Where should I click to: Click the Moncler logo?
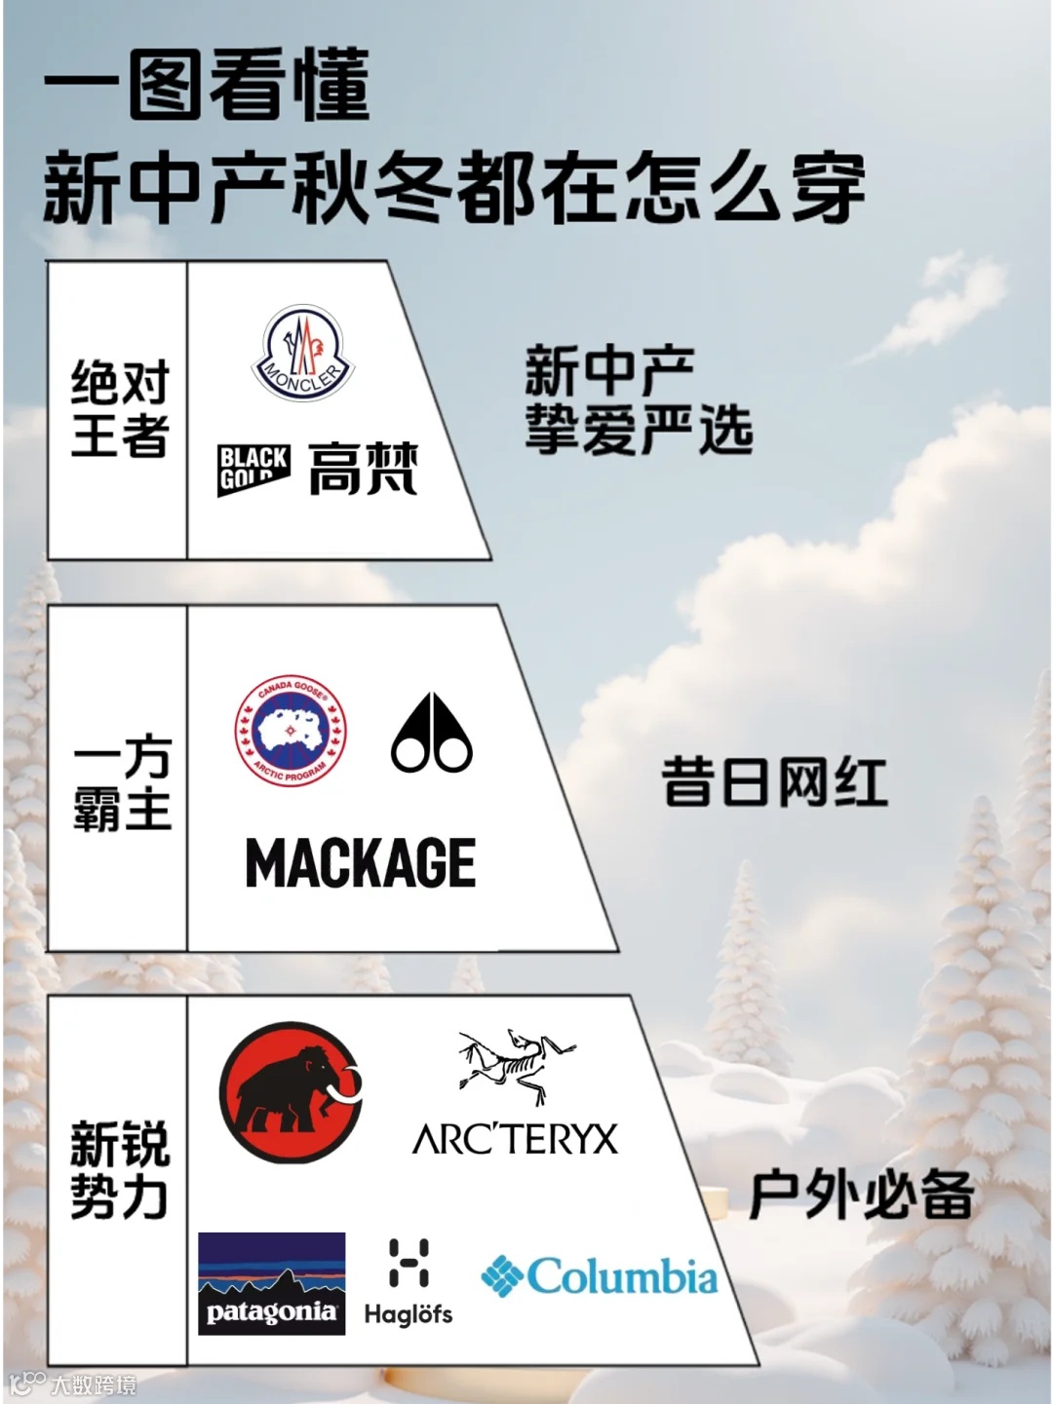pos(303,354)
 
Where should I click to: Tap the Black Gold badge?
pos(253,469)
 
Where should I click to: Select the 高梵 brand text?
pos(364,469)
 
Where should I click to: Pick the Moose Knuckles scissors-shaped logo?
pos(432,734)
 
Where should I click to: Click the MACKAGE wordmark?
pos(361,863)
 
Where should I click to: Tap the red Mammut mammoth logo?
pos(290,1092)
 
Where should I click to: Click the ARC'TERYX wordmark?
pos(515,1139)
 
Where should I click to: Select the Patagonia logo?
pos(271,1283)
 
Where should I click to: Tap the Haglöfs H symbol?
pos(409,1263)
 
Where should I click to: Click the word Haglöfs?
pos(409,1314)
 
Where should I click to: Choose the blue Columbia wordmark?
pos(622,1276)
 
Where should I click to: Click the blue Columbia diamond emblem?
pos(502,1276)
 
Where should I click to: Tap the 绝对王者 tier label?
pos(120,409)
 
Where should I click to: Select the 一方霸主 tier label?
pos(122,784)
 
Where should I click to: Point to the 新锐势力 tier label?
pos(120,1170)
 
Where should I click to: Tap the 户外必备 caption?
pos(862,1195)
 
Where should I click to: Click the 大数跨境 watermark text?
pos(94,1385)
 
